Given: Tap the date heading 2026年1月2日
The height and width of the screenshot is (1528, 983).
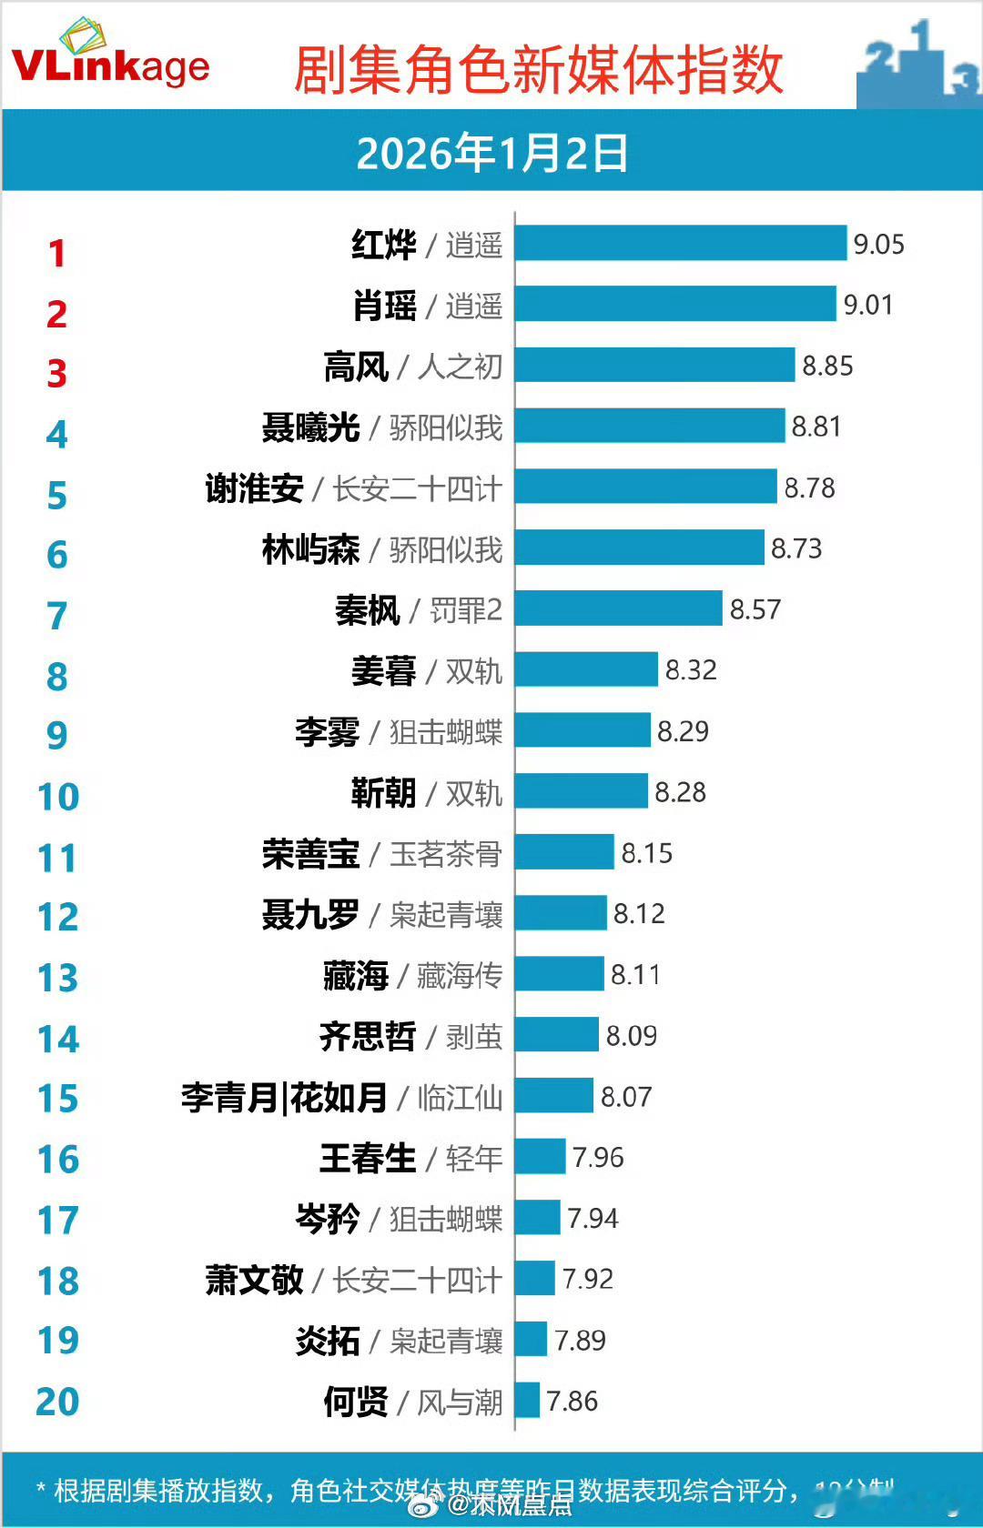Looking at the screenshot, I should click(491, 153).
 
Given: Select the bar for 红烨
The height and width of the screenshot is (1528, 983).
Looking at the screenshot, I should click(680, 244).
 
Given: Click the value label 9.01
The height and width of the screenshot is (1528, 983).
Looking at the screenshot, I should click(867, 305).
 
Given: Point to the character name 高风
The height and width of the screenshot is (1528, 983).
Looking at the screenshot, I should click(356, 367).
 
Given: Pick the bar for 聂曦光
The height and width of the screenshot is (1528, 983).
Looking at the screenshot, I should click(649, 426).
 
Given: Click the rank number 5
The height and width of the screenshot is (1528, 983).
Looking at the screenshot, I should click(56, 496).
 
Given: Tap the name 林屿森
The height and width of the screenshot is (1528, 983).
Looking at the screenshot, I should click(310, 549).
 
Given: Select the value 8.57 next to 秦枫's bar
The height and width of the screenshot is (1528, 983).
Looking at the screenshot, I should click(755, 609).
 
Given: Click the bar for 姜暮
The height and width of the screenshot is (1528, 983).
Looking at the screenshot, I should click(585, 669).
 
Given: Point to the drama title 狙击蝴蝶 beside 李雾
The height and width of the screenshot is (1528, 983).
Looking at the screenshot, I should click(446, 732).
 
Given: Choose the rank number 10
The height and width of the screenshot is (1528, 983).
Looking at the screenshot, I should click(58, 797).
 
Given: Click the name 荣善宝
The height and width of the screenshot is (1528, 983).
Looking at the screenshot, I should click(310, 854).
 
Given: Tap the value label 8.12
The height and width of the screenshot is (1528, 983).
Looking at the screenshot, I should click(639, 913).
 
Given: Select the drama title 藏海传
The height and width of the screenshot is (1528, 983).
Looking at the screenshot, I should click(460, 976).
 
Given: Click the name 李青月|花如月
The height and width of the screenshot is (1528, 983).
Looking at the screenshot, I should click(284, 1098).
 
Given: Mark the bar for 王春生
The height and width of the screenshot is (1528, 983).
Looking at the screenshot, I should click(540, 1157).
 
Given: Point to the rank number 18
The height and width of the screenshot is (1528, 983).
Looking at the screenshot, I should click(58, 1281).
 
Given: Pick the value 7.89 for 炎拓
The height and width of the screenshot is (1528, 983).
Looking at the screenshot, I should click(580, 1340).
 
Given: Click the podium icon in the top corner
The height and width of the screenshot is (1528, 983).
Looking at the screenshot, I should click(917, 64).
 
